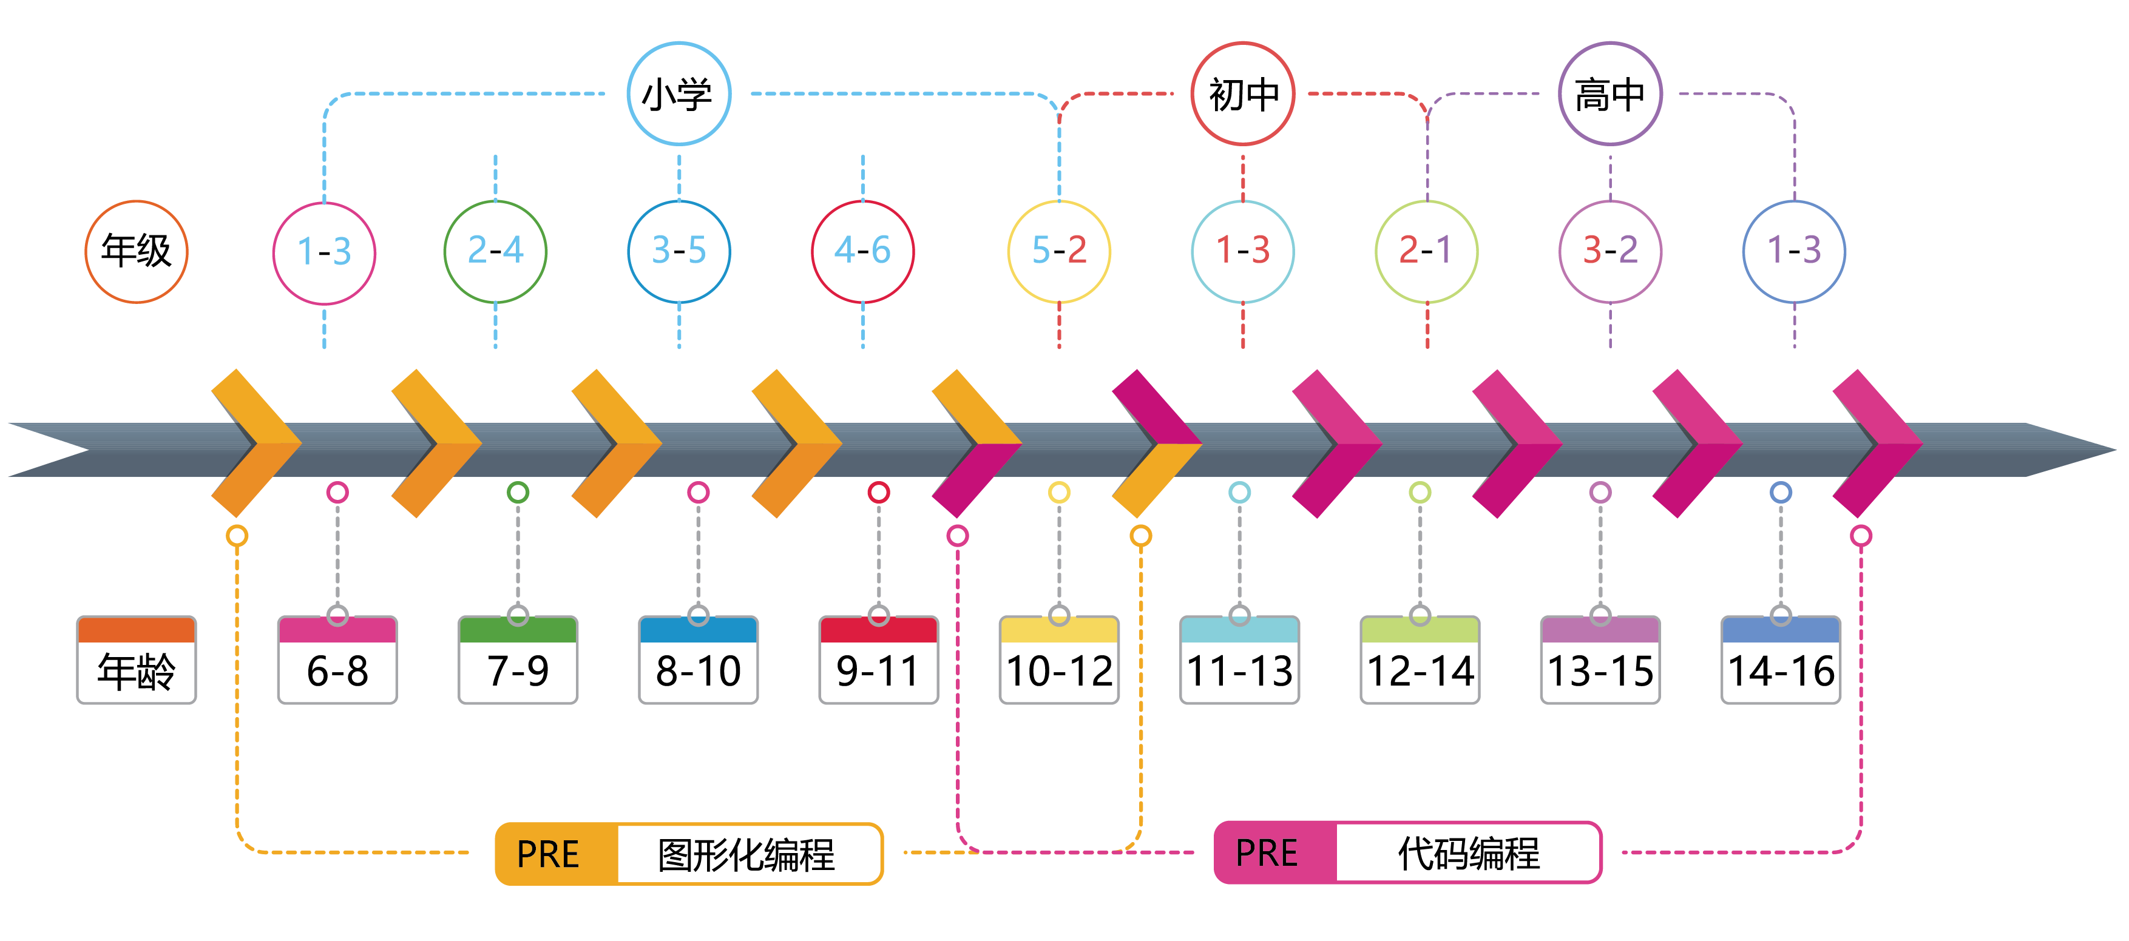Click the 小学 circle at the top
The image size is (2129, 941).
[679, 93]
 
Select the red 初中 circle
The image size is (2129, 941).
[1242, 93]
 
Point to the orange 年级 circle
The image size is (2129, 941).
[137, 251]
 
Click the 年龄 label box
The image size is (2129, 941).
[137, 660]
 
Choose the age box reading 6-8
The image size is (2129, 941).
[337, 660]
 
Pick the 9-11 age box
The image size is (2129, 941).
[879, 660]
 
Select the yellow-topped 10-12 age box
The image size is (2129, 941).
[1058, 660]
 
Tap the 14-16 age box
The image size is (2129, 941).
[1781, 660]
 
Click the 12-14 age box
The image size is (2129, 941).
[1420, 660]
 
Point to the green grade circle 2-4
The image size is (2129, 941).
[495, 251]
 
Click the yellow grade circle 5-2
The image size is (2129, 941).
[1058, 251]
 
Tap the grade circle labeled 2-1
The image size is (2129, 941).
[1426, 251]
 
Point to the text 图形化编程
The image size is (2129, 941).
[746, 854]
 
